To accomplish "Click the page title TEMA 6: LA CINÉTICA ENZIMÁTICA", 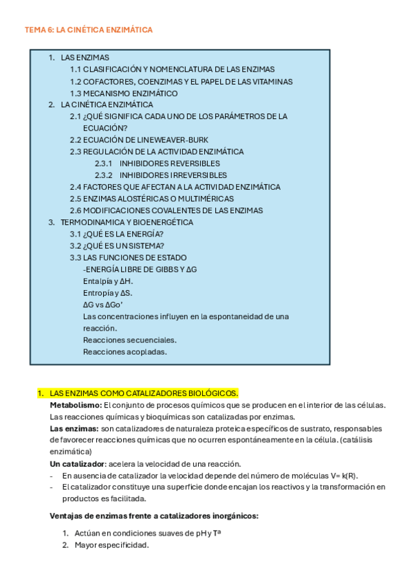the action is [88, 30].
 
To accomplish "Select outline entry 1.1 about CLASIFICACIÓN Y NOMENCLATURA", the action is [172, 69].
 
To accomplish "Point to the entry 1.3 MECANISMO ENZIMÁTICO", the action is [124, 93].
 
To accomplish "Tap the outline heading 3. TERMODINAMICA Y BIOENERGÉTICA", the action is [127, 222].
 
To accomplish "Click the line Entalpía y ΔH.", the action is [108, 281].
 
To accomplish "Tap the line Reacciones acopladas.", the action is [125, 352].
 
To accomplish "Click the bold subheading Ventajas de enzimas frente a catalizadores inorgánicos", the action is [154, 516].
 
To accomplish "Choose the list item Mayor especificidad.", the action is [112, 545].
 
